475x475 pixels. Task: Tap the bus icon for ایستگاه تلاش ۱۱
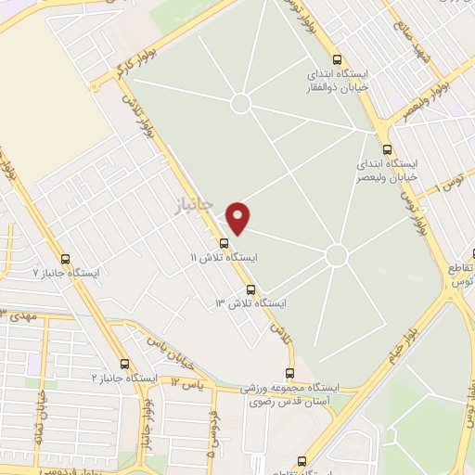pos(224,244)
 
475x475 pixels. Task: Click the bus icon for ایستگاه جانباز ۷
pos(65,260)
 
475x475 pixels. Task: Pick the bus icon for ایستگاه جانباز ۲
pos(125,364)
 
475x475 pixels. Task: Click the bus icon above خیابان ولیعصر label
pos(387,149)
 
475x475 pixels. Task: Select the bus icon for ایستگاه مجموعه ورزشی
pos(290,374)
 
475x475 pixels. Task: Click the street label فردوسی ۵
pos(212,434)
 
